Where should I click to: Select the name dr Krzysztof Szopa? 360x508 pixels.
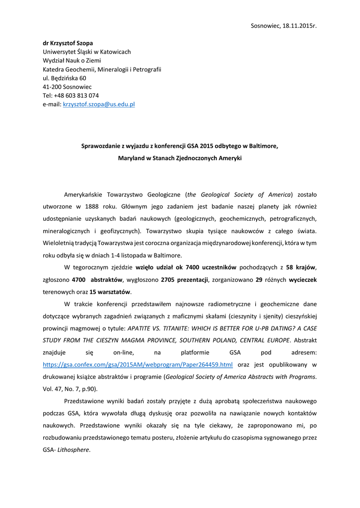click(68, 43)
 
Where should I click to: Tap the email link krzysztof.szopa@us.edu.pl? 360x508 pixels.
click(99, 104)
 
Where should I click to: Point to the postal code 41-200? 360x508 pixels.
click(51, 86)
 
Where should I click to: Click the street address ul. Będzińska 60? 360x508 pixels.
click(65, 78)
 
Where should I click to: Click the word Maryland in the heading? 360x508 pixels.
click(130, 159)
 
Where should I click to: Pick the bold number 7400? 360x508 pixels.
click(192, 268)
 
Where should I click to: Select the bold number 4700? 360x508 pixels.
click(79, 280)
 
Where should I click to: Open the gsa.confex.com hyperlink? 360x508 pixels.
click(138, 364)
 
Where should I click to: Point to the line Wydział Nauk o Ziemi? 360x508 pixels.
click(72, 61)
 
